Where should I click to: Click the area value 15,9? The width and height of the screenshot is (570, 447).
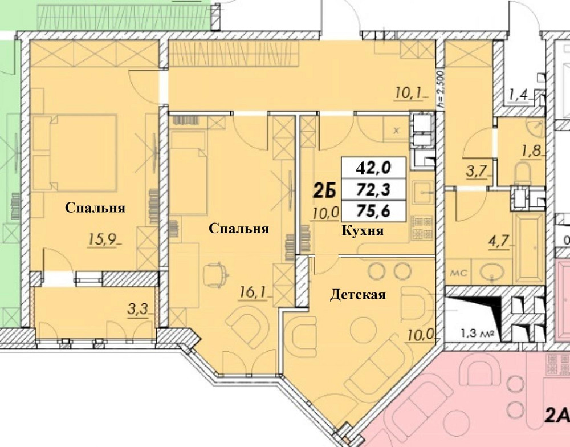coord(101,239)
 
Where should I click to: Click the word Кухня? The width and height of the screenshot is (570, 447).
coord(362,231)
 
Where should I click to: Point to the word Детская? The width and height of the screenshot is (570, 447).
coord(358,295)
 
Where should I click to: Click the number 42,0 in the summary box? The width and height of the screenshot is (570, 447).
coord(373,168)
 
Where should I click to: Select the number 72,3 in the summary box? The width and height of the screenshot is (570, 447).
coord(373,189)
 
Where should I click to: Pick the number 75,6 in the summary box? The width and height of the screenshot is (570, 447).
coord(373,210)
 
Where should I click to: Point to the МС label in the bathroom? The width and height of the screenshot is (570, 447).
coord(459,274)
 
